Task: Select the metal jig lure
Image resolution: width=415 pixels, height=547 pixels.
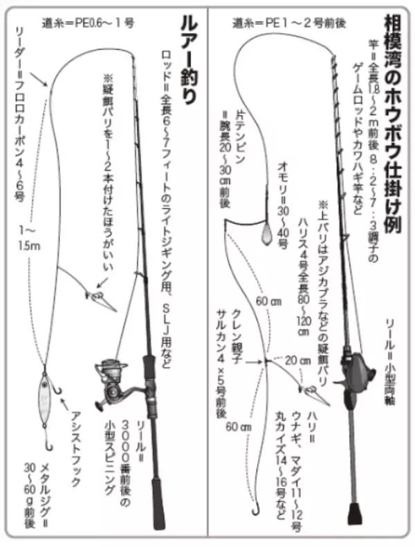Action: [45, 400]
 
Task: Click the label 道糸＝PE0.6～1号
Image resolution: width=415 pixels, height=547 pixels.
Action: [87, 21]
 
